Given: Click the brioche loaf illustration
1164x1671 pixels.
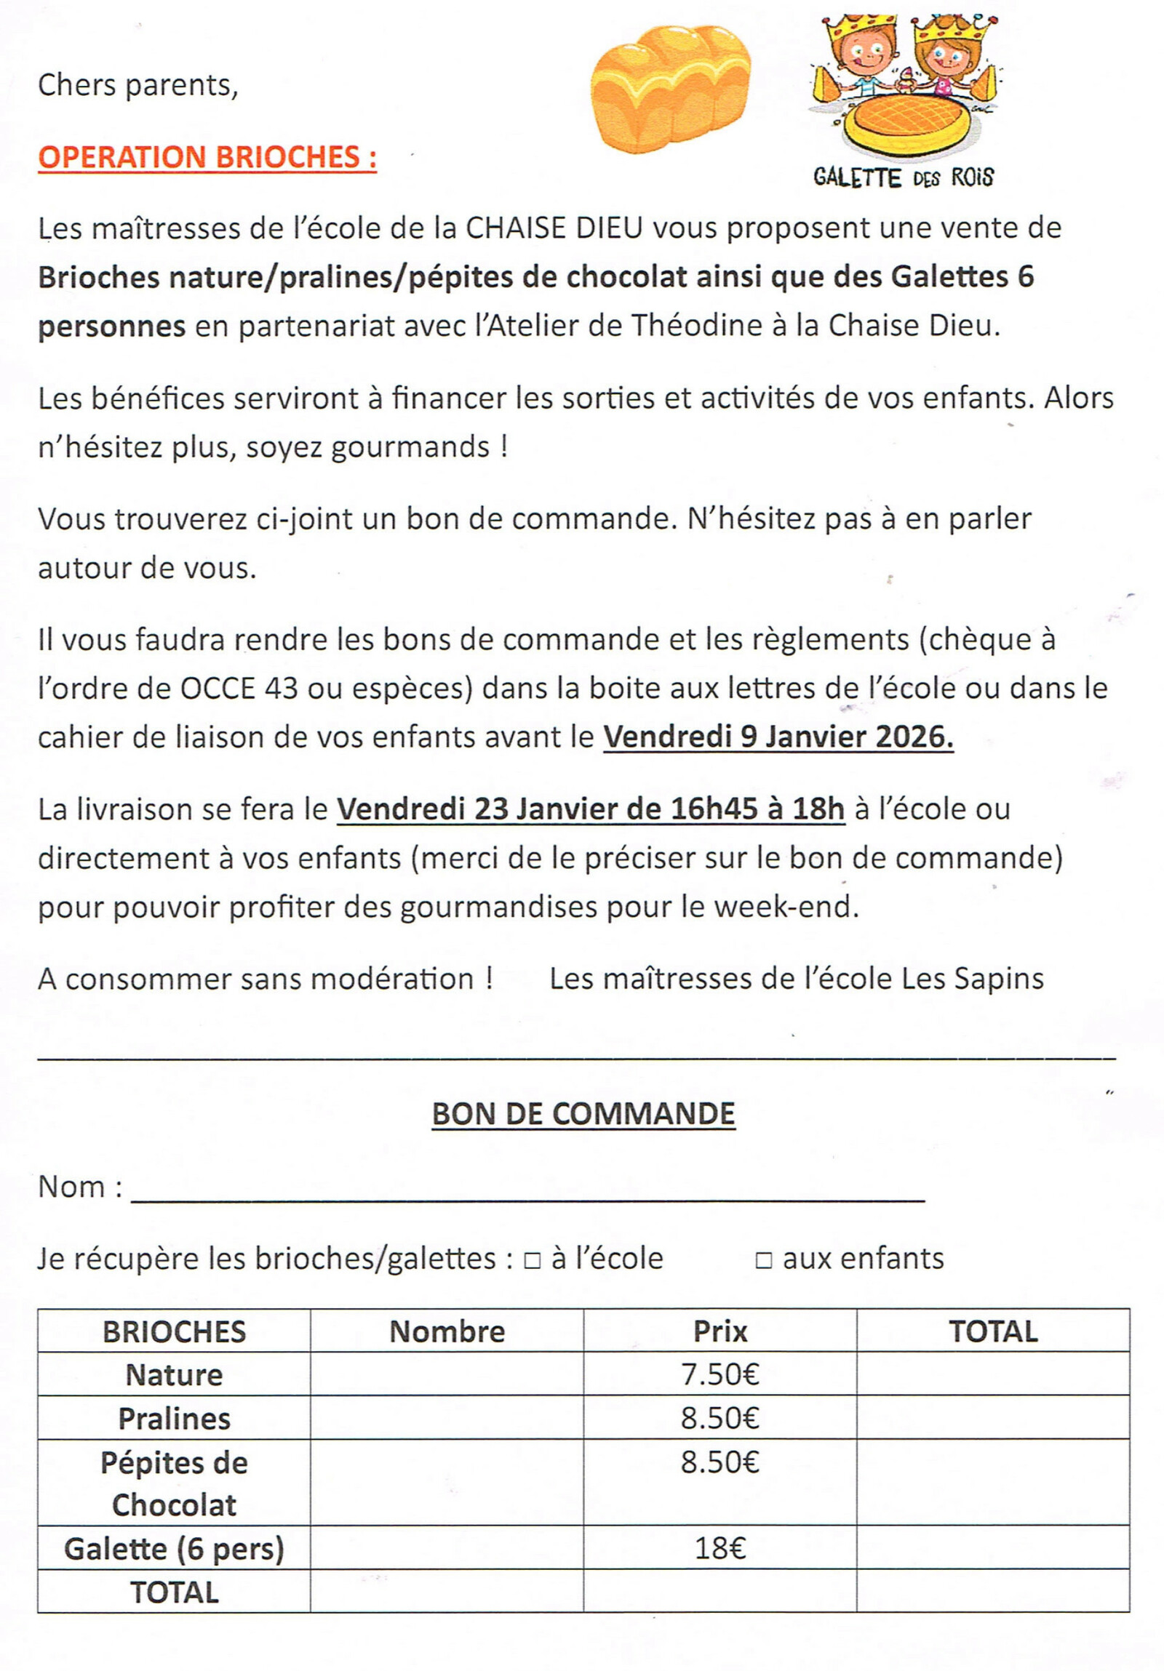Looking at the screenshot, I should click(669, 89).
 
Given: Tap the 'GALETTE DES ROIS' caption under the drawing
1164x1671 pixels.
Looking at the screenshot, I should click(904, 177).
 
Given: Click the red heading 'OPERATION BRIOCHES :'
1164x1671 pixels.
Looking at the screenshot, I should click(207, 157).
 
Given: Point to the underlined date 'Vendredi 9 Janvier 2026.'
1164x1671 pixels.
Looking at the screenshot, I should click(778, 737).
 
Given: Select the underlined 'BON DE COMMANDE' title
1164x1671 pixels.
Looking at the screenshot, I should click(583, 1113).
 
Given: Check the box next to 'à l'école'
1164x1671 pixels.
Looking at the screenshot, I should click(532, 1260).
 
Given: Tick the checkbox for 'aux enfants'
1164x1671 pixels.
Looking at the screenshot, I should click(764, 1260).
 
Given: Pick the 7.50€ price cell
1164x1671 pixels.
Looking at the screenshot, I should click(720, 1374).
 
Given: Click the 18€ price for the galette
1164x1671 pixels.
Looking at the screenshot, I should click(720, 1548).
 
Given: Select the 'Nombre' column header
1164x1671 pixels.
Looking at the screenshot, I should click(447, 1331).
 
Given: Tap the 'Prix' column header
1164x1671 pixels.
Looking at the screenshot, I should click(720, 1331).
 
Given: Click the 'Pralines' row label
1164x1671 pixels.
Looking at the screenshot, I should click(174, 1419).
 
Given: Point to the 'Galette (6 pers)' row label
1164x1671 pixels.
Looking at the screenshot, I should click(174, 1549).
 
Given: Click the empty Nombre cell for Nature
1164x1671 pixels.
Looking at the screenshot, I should click(447, 1374).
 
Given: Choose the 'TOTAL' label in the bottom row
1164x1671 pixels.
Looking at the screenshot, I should click(174, 1592).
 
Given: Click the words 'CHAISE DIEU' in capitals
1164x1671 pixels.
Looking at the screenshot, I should click(554, 228).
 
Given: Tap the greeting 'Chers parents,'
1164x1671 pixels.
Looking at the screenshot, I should click(137, 85).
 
